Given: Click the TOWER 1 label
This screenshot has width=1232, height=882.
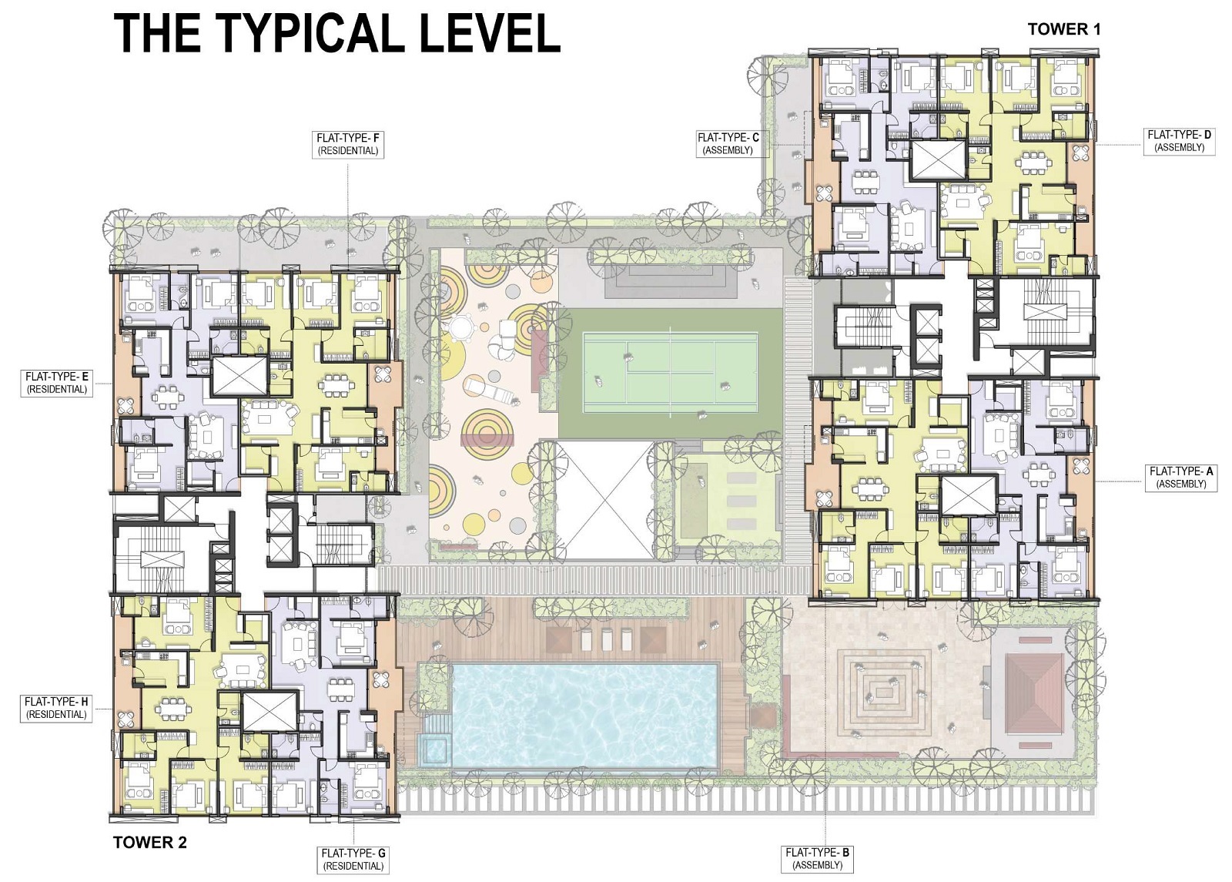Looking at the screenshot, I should point(1064,29).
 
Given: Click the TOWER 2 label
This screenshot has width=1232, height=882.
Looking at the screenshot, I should point(149,842).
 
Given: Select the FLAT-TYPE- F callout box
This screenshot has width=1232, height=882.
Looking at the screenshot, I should point(349,144).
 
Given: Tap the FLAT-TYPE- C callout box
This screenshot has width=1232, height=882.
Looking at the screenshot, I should point(728,144).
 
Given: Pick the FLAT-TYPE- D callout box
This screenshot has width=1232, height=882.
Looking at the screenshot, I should point(1179,141).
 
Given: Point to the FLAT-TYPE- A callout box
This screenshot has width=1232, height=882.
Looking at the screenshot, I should point(1180,478).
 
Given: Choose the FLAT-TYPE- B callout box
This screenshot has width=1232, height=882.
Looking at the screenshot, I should point(817,858).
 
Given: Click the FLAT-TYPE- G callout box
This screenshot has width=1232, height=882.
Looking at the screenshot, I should point(353,859).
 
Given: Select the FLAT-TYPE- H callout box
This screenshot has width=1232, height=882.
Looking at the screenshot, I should point(56,708).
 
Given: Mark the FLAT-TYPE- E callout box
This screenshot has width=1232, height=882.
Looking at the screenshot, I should point(57,383).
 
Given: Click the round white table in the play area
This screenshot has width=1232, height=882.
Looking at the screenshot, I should point(461,328).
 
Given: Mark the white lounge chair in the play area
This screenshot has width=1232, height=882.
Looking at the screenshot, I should point(486,390).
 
